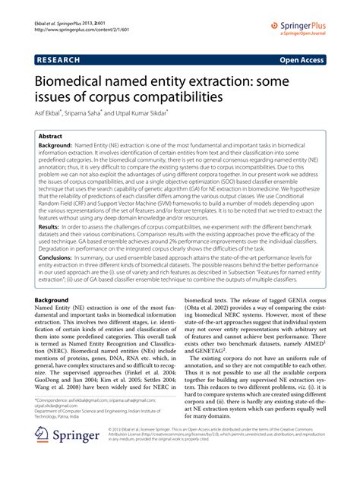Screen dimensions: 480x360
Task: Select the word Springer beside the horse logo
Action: [x=77, y=457]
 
